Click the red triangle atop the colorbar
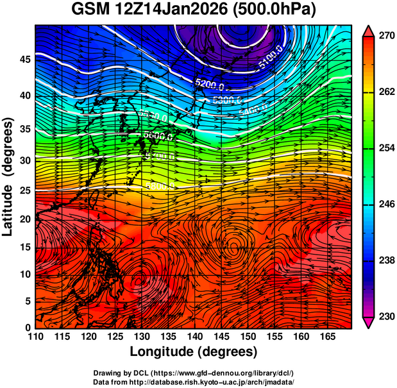(x=369, y=30)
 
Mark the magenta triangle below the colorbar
(x=369, y=323)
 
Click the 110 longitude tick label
(x=35, y=337)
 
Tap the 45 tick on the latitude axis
(x=25, y=60)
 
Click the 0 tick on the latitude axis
(x=28, y=328)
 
